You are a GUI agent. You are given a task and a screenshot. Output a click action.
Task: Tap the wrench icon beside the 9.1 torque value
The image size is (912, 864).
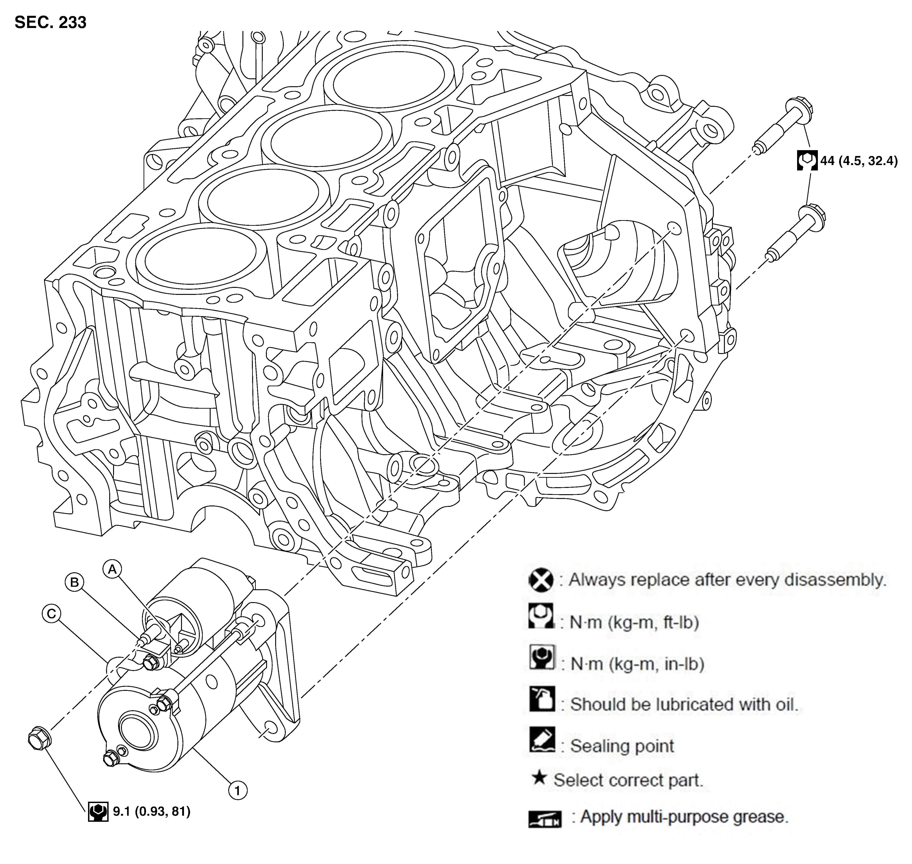pyautogui.click(x=98, y=811)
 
